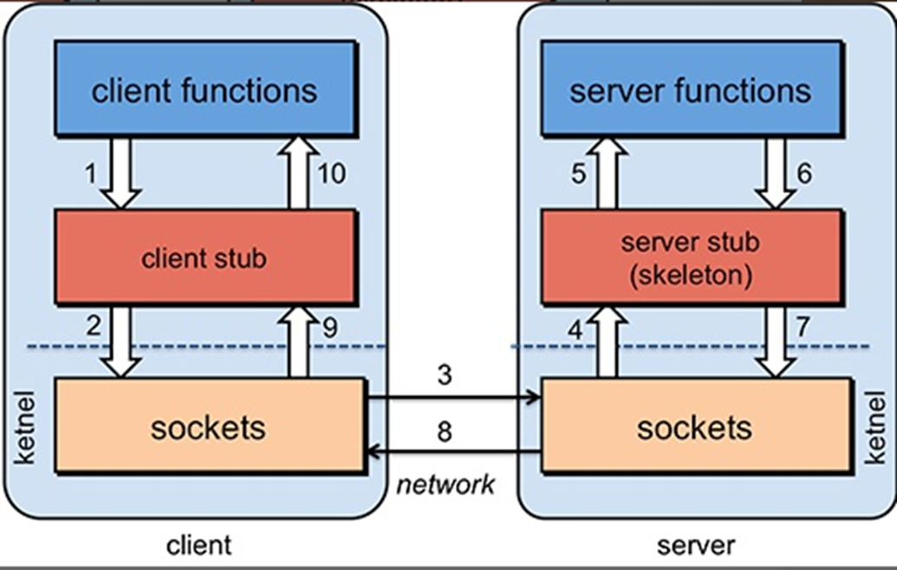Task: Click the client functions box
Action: click(x=205, y=88)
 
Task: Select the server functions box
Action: click(x=691, y=88)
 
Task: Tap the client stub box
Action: click(x=205, y=257)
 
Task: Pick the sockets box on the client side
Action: click(x=208, y=426)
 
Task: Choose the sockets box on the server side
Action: click(x=694, y=426)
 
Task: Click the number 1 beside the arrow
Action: click(x=91, y=174)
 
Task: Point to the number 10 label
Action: click(x=331, y=174)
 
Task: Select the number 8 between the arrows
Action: click(x=445, y=431)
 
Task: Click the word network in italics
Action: click(x=445, y=484)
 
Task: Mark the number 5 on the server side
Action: click(x=578, y=174)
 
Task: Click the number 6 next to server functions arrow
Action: click(x=804, y=174)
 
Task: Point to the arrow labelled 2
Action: click(x=120, y=341)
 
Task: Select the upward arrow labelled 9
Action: click(x=299, y=341)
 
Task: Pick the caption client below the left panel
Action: click(x=198, y=545)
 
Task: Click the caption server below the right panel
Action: click(x=696, y=545)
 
